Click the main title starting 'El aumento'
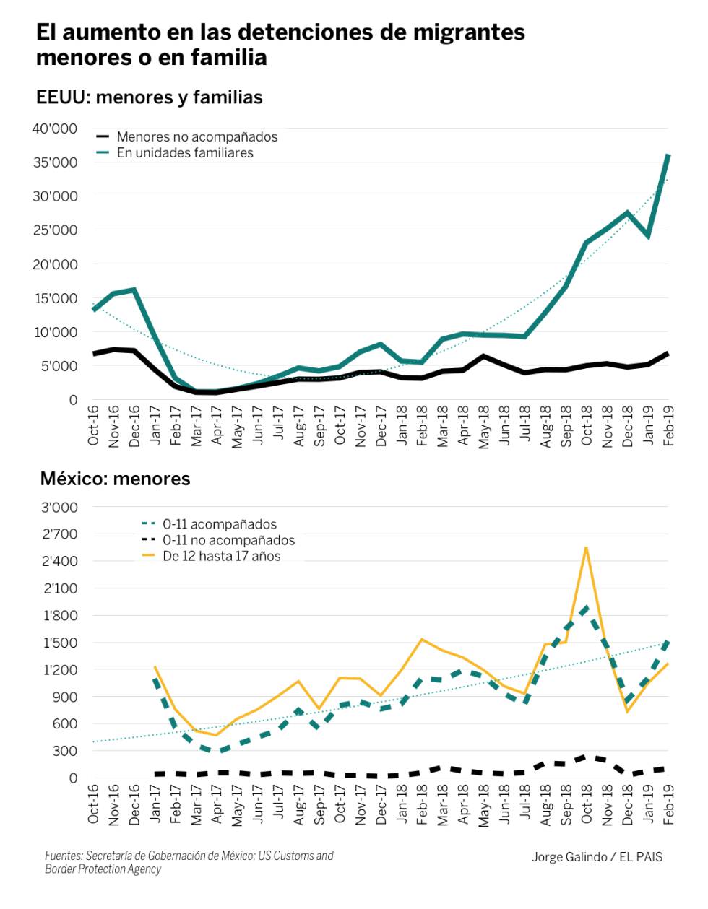(280, 44)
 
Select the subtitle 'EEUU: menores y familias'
(149, 97)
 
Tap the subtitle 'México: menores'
(115, 479)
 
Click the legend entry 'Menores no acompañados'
(197, 136)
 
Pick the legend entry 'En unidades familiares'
(185, 152)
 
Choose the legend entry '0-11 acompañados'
(219, 524)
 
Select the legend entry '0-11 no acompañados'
(228, 540)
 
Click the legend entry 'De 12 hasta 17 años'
(221, 556)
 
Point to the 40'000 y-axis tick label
(54, 129)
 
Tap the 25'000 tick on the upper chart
(54, 230)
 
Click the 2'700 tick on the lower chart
(60, 534)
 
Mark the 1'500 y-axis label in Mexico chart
(60, 643)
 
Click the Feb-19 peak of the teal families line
(668, 155)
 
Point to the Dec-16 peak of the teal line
(134, 290)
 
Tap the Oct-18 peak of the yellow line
(586, 547)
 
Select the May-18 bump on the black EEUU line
(483, 356)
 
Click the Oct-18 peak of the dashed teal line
(586, 607)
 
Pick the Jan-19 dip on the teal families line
(648, 236)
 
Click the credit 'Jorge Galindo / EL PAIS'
(597, 857)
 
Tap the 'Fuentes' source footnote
(189, 862)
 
